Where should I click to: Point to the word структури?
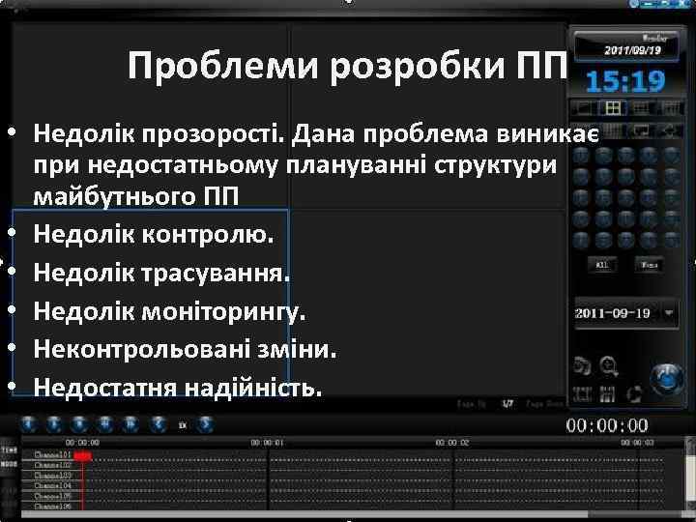(502, 164)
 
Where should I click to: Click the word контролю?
(214, 234)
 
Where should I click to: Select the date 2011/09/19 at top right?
(634, 48)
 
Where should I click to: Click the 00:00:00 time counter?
(606, 425)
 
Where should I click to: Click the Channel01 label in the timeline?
(52, 454)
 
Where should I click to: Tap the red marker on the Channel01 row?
(82, 454)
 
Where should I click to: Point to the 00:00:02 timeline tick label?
(450, 442)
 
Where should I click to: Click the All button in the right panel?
(601, 264)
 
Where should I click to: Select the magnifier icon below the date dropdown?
(608, 366)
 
